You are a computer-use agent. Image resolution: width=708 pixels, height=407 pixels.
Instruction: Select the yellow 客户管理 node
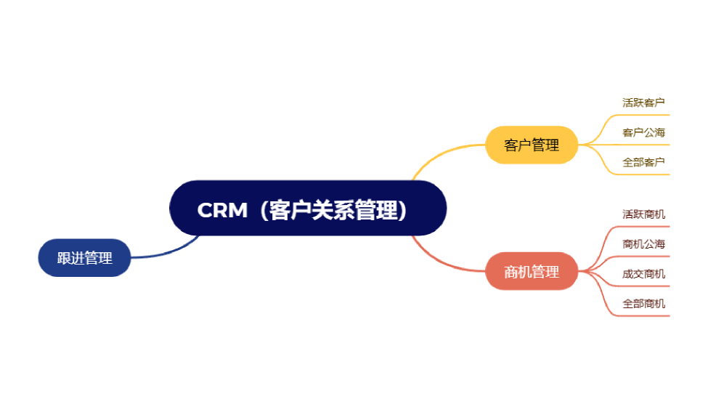[x=532, y=145]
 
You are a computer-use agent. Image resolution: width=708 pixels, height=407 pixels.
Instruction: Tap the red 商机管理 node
[x=532, y=272]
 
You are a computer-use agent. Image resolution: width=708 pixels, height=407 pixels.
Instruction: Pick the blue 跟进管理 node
[x=84, y=258]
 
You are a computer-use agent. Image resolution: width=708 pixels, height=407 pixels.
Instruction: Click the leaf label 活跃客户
[x=643, y=102]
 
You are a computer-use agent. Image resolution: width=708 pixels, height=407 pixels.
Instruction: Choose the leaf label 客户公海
[x=643, y=132]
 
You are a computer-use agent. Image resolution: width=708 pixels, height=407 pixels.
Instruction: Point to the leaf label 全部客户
[x=643, y=162]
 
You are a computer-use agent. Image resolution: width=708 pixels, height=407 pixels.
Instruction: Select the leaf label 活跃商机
[x=643, y=214]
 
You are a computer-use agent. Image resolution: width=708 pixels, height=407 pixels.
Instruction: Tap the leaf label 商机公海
[x=643, y=243]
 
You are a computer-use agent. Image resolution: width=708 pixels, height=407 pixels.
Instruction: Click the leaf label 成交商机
[x=643, y=274]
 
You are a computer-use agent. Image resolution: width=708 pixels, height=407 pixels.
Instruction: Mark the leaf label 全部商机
[x=643, y=304]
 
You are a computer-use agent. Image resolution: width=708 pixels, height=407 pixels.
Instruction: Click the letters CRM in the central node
[x=222, y=210]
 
